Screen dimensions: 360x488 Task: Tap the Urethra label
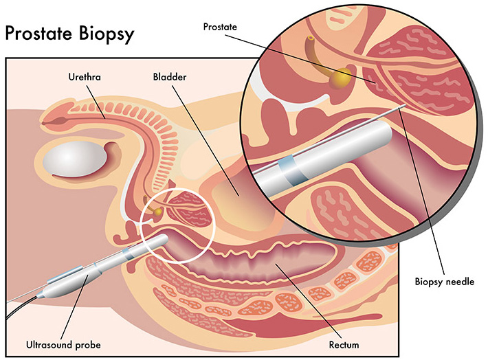coord(85,77)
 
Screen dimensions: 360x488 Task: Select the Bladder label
coord(167,77)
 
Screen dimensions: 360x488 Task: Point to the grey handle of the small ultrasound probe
coord(65,284)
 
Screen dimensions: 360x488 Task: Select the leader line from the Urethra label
coord(97,100)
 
